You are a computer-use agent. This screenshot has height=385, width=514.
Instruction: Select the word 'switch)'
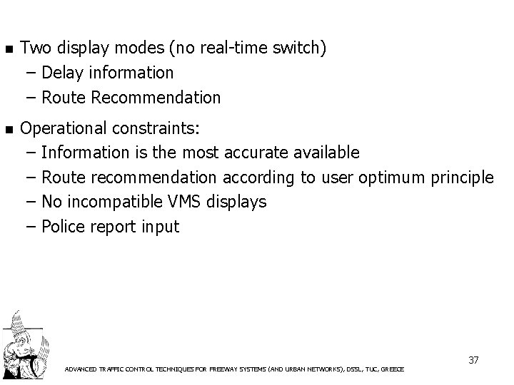[x=301, y=48]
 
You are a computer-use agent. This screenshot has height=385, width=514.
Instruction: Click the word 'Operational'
[x=65, y=129]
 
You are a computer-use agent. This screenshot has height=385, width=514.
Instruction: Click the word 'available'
[x=326, y=153]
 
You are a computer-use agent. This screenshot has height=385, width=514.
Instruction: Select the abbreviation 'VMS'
[x=186, y=202]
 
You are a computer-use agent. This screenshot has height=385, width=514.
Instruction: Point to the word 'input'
[x=161, y=227]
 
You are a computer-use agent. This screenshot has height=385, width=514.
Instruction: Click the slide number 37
[x=473, y=360]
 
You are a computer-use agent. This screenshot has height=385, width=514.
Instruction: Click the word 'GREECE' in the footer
[x=392, y=369]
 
